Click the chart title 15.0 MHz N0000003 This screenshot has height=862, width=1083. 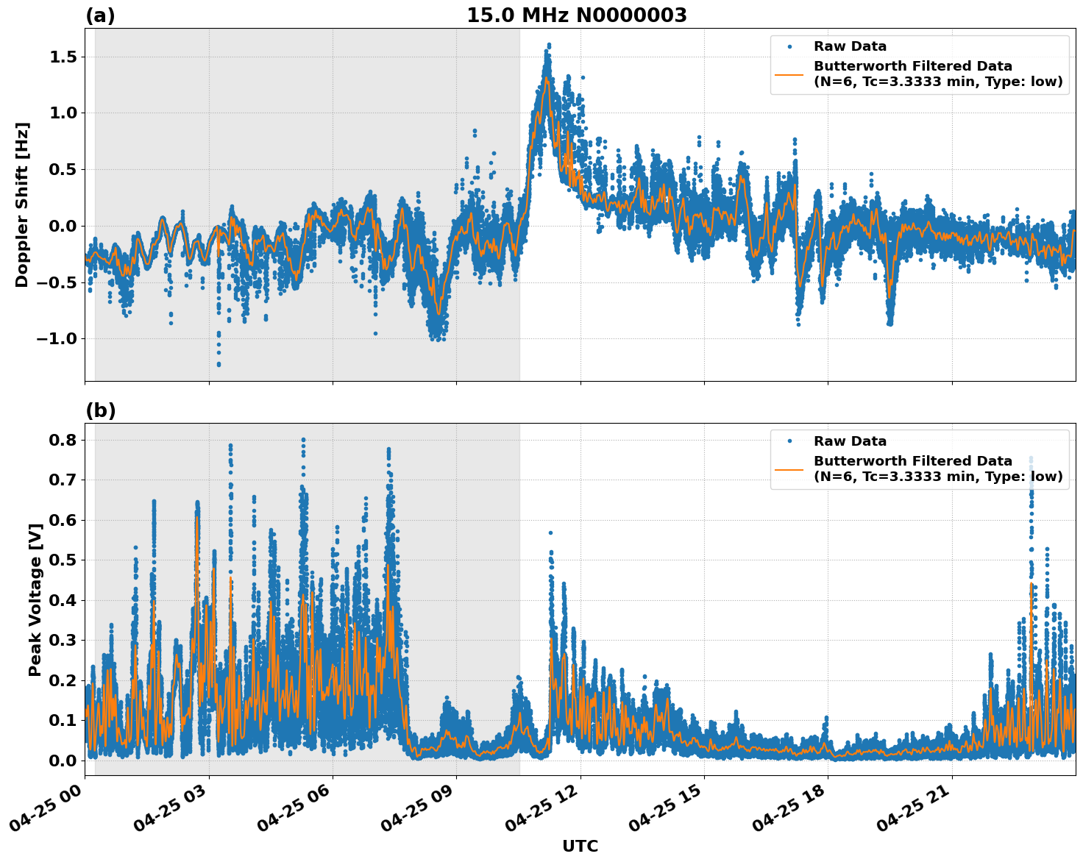click(576, 15)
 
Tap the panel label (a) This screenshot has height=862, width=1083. click(100, 15)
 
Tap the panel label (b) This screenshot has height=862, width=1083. click(100, 410)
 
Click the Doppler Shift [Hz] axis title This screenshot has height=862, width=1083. click(22, 204)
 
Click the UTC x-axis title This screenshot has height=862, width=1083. click(580, 846)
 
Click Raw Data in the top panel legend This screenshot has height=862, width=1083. click(850, 46)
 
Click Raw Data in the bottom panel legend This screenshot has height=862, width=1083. click(850, 441)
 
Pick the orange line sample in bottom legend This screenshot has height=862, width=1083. click(789, 469)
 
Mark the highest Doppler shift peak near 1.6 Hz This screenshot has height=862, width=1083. click(549, 45)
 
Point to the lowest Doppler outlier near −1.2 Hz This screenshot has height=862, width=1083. click(219, 364)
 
